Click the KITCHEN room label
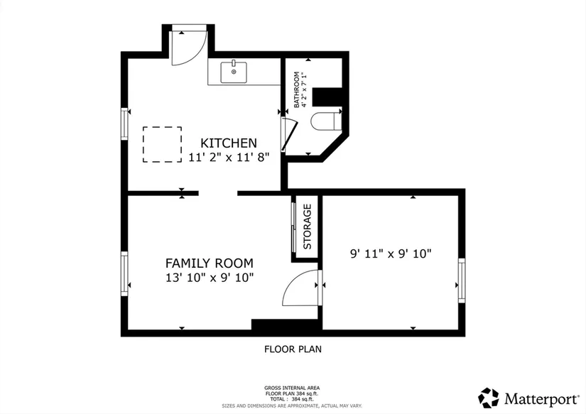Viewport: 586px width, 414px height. (x=229, y=143)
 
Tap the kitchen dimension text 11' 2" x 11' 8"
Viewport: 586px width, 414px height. (x=229, y=158)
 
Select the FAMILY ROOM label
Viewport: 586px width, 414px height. (x=210, y=263)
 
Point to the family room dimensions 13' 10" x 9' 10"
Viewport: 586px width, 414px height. (x=210, y=278)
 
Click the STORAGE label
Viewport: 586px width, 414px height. (x=307, y=227)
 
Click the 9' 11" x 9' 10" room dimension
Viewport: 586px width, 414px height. (x=391, y=254)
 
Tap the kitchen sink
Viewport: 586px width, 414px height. (x=234, y=72)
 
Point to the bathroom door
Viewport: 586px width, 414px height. (x=290, y=134)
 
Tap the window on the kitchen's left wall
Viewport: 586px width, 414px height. (x=124, y=124)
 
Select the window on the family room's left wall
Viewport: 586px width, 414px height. (x=124, y=273)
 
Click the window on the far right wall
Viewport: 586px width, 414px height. (x=462, y=280)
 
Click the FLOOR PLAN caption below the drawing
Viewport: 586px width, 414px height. (x=293, y=349)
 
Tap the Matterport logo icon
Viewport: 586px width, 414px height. (x=489, y=398)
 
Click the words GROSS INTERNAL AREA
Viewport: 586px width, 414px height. (x=292, y=388)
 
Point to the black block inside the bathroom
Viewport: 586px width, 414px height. (x=327, y=97)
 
